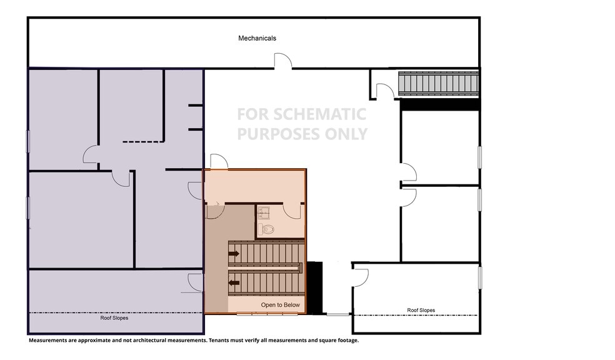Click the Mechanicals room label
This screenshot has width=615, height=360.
point(257,38)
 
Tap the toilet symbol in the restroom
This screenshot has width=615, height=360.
point(266,229)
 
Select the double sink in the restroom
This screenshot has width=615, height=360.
point(263,212)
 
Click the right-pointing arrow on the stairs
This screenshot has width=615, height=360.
point(234,254)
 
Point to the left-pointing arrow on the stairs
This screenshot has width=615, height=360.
point(234,282)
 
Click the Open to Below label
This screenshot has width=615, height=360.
point(280,305)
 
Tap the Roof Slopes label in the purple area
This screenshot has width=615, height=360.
point(114,318)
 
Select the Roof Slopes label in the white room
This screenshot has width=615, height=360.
point(421,310)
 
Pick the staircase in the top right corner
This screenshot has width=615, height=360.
point(439,83)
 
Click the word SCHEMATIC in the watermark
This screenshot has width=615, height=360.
point(319,114)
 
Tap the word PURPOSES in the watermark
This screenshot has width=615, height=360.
point(277,134)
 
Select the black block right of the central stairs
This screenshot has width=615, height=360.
point(314,287)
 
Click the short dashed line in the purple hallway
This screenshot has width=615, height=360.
point(143,142)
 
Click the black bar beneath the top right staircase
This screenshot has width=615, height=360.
point(439,104)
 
